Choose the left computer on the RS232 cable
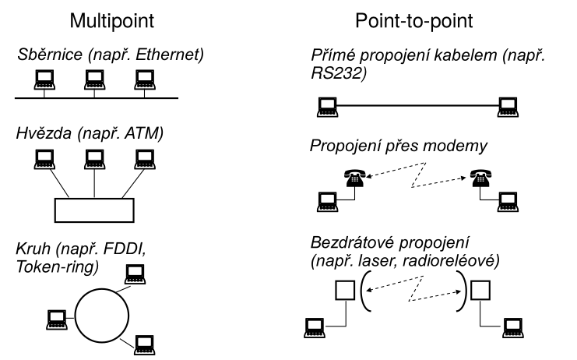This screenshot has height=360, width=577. pos(325,103)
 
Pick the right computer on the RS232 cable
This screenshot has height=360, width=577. pos(508,103)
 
